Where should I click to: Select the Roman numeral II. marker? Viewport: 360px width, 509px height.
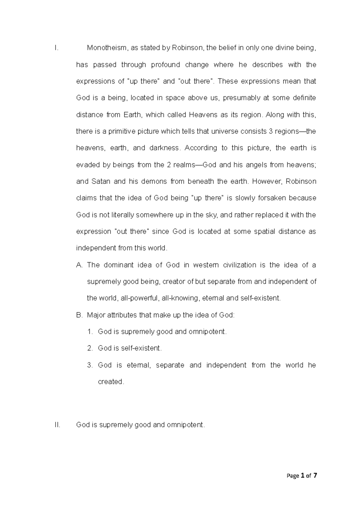57,425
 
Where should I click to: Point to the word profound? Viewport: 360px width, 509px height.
165,65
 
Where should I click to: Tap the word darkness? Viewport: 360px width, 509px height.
165,148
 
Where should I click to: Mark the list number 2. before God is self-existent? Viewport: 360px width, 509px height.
90,348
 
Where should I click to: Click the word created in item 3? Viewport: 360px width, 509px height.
110,382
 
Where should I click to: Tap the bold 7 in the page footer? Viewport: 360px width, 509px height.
315,476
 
